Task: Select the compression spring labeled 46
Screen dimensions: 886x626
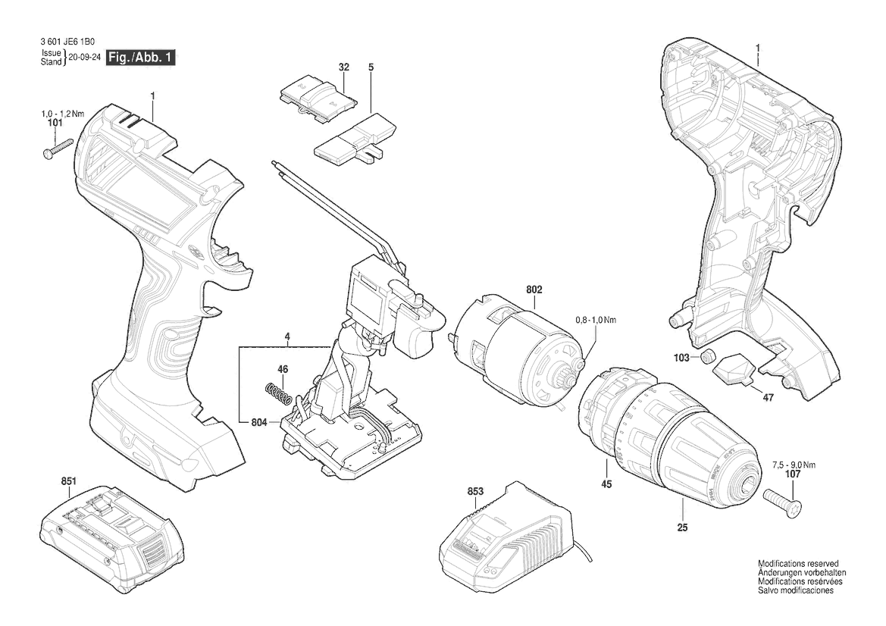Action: click(x=278, y=393)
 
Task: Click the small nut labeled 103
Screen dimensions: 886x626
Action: click(x=706, y=356)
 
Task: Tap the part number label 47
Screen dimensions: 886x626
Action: click(x=768, y=398)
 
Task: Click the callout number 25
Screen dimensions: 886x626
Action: click(x=683, y=527)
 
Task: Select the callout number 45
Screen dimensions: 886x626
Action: click(x=606, y=484)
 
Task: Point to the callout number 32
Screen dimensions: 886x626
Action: click(x=343, y=67)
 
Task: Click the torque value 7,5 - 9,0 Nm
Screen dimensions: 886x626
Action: click(x=794, y=465)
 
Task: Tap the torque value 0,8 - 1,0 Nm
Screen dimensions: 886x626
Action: click(x=596, y=321)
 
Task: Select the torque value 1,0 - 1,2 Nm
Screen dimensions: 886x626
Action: click(x=62, y=114)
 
